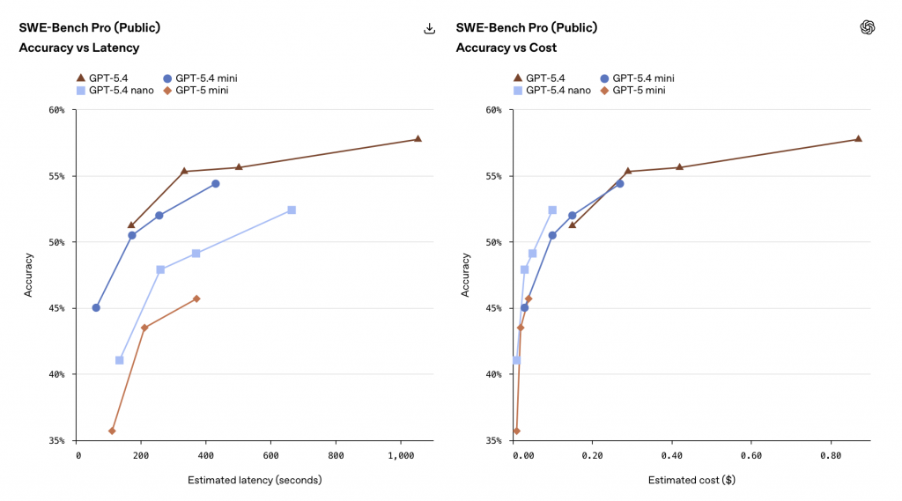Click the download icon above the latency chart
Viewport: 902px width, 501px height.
[x=430, y=28]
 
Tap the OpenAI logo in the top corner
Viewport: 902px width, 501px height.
[x=868, y=27]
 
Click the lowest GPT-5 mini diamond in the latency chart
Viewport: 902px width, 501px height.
[x=112, y=431]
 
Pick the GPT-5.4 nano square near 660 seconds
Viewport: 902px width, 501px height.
[x=292, y=210]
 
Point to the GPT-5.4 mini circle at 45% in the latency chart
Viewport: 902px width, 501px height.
[x=96, y=307]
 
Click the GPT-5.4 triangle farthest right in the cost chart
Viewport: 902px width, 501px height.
[x=858, y=139]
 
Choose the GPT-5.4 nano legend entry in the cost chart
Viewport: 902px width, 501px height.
[x=554, y=90]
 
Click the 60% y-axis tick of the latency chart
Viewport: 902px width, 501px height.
[x=56, y=110]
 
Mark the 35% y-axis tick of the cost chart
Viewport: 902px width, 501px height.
[x=493, y=440]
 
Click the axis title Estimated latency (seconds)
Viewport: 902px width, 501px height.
[x=255, y=481]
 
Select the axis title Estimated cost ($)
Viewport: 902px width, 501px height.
[x=691, y=481]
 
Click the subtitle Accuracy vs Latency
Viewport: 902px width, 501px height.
[x=79, y=48]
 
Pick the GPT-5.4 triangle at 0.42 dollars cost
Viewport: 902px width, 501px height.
[x=679, y=167]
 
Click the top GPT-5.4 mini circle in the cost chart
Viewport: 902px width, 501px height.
[x=619, y=183]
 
